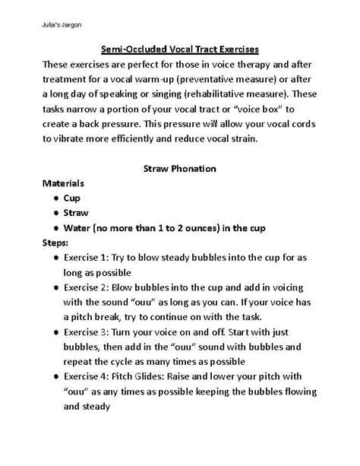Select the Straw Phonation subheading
click(x=180, y=167)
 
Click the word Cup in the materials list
click(x=72, y=198)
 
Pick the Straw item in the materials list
click(x=77, y=214)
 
